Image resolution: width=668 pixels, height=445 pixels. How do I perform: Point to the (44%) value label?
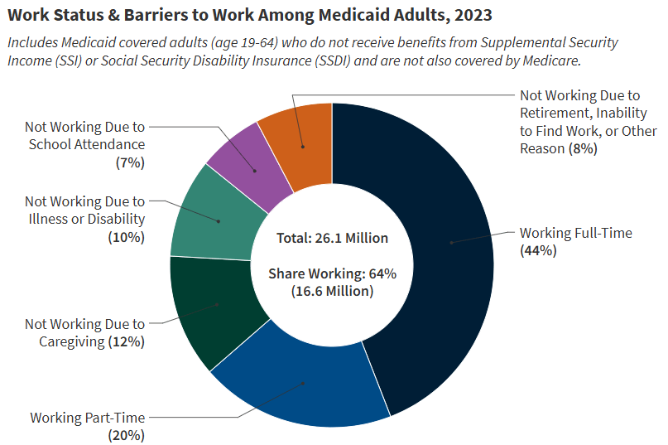click(x=538, y=250)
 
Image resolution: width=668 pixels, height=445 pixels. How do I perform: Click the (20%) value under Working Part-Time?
click(x=127, y=434)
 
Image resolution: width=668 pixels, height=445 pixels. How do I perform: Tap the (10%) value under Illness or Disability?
click(x=127, y=237)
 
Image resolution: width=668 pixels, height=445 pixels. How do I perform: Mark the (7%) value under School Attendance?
click(x=130, y=162)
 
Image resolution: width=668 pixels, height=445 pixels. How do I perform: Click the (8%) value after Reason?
click(x=582, y=148)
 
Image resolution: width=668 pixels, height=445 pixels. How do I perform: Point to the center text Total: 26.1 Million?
click(x=332, y=238)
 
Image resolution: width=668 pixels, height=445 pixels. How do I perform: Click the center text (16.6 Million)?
click(x=332, y=291)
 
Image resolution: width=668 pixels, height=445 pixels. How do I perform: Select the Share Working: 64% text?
click(x=332, y=273)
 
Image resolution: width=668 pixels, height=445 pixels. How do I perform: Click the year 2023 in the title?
click(x=475, y=14)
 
